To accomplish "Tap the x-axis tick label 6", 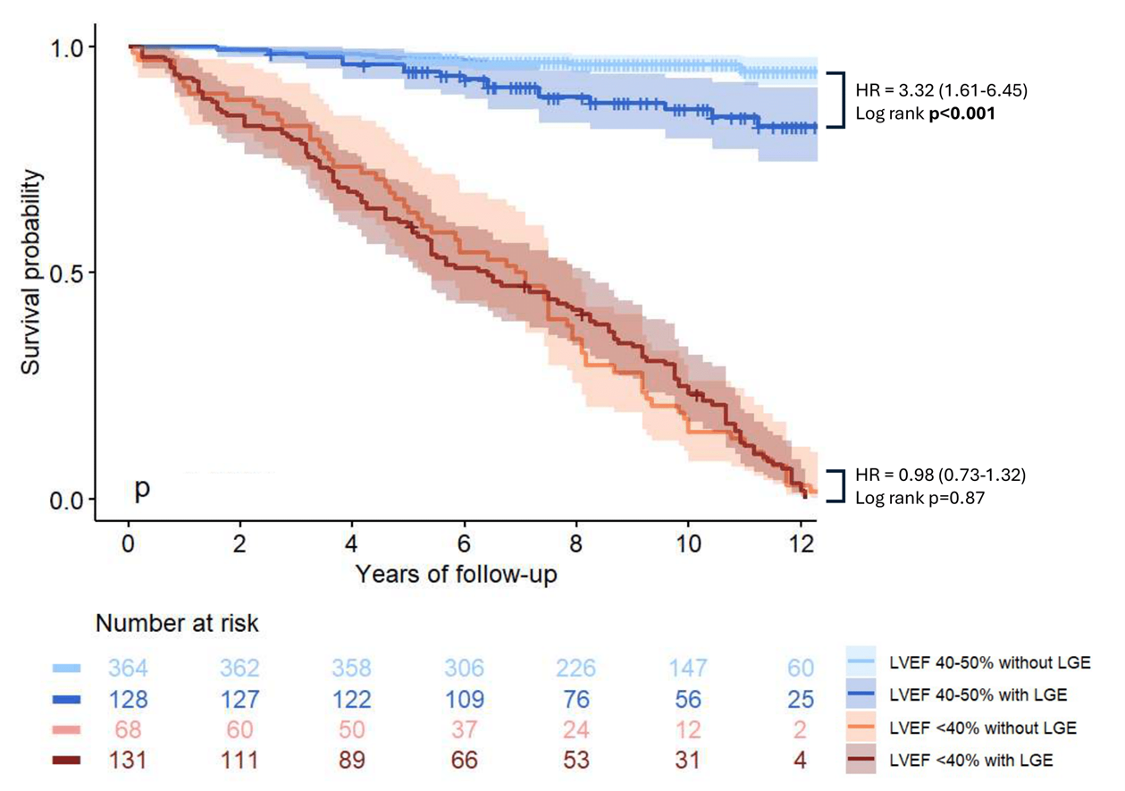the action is coord(464,544).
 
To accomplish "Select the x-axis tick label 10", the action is coord(687,544).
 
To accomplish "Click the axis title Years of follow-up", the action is coord(457,574).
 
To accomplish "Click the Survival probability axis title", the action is coord(30,273).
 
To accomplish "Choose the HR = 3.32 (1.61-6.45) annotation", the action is coord(942,90).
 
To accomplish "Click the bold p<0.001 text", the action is coord(961,114).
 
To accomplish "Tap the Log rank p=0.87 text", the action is coord(920,498).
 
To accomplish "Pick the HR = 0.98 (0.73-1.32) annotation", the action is coord(941,475).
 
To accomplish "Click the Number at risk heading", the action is coord(177,623).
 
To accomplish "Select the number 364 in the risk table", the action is coord(128,668).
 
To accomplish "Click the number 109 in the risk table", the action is coord(465,699).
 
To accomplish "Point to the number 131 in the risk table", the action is coord(128,760).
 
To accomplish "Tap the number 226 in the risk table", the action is coord(575,668).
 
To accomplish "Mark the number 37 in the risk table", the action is coord(464,729).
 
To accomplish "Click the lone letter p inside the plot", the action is coord(143,489).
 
